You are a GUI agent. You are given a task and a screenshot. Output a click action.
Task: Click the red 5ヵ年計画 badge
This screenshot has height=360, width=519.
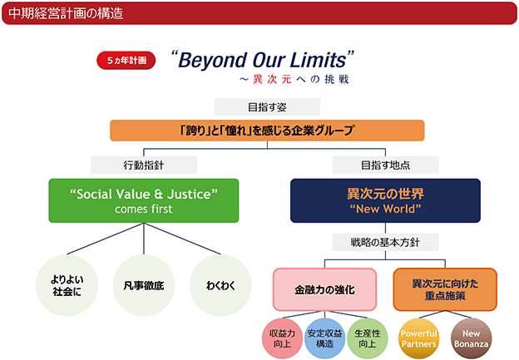[126, 60]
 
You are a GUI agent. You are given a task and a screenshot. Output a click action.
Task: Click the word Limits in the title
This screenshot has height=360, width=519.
[318, 60]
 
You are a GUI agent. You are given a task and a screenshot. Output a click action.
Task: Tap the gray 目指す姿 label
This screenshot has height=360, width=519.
[267, 107]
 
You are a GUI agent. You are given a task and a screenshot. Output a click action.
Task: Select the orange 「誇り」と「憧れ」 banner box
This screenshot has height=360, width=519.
[267, 131]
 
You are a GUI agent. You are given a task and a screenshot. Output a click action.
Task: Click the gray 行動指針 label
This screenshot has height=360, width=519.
[144, 165]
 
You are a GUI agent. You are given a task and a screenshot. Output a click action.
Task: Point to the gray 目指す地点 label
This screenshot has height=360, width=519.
[385, 165]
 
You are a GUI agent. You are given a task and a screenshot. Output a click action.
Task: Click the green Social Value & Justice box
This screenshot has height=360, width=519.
[144, 200]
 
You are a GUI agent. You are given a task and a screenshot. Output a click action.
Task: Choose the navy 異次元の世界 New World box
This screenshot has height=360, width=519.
[385, 200]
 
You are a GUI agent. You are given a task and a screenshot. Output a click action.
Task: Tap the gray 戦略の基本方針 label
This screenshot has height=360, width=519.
[385, 242]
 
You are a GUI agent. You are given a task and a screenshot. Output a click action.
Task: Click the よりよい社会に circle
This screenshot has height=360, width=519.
[67, 285]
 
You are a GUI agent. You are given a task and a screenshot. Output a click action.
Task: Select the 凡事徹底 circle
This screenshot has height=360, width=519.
[144, 285]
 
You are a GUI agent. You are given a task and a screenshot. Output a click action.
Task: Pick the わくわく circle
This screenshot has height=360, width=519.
[220, 285]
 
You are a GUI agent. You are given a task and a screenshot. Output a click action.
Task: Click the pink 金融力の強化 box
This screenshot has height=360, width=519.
[324, 289]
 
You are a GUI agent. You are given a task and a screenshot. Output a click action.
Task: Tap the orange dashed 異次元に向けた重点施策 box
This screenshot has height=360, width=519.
[445, 289]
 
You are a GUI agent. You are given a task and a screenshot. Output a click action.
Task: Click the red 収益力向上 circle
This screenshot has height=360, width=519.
[282, 338]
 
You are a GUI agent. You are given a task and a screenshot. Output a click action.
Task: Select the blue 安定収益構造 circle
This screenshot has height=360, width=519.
[324, 338]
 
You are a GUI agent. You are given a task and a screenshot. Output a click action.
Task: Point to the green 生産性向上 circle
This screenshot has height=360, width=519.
[367, 338]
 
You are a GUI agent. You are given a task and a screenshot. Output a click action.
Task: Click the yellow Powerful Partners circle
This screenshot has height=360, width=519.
[418, 338]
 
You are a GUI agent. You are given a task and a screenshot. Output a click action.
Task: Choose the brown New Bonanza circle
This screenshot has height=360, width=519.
[471, 338]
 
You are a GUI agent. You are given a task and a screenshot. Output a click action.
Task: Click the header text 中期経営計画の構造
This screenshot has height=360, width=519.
[66, 13]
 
